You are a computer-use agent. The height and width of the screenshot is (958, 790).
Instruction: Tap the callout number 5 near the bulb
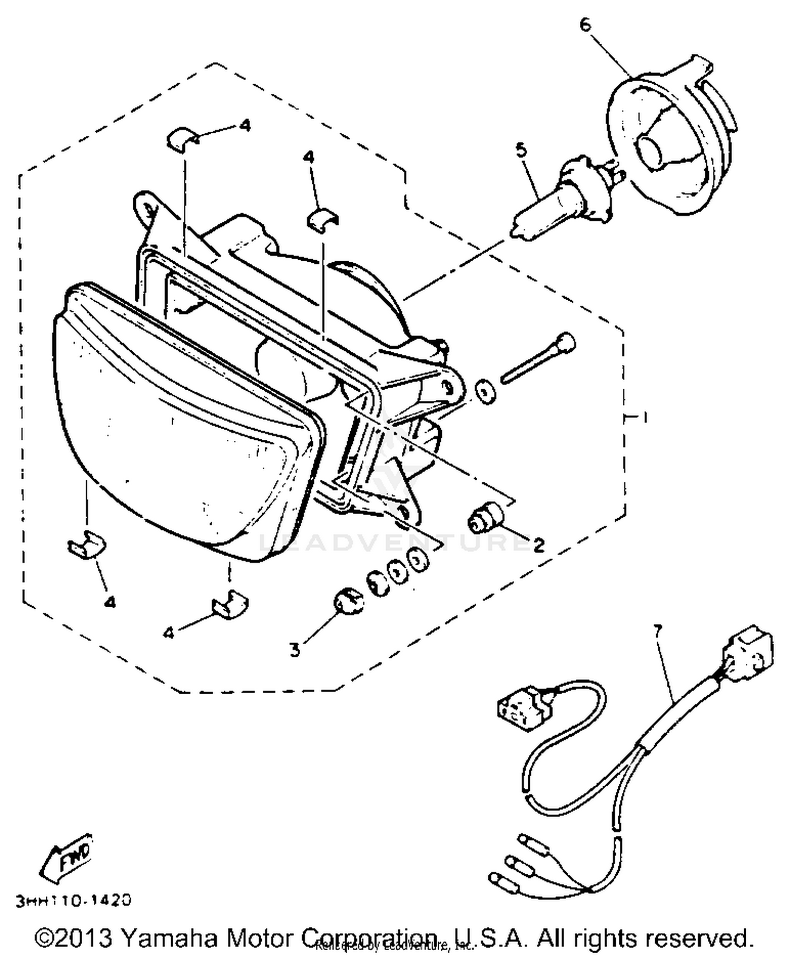(521, 151)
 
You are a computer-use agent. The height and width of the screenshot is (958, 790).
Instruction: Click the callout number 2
(538, 545)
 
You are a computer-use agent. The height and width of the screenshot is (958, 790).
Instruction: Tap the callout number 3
(295, 650)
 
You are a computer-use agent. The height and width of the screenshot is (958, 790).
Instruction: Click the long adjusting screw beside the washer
(537, 358)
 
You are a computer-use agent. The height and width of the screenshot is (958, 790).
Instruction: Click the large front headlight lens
(184, 421)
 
